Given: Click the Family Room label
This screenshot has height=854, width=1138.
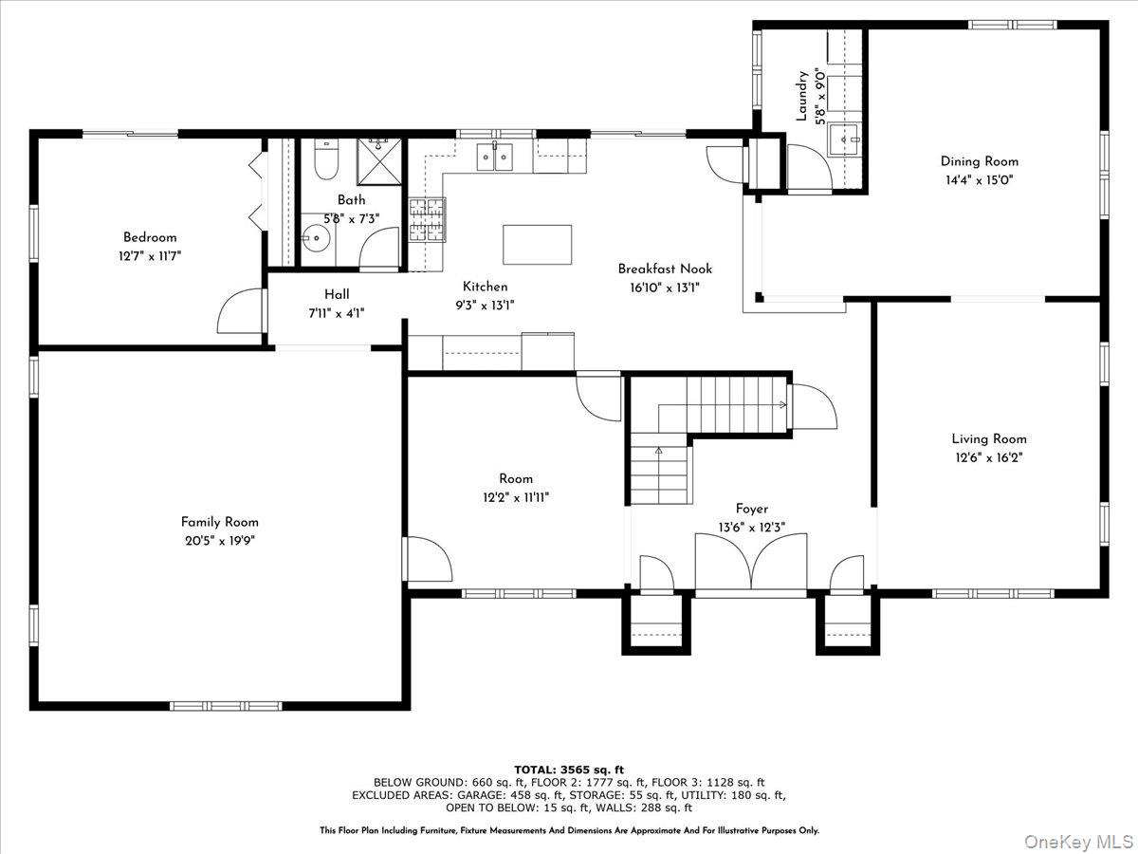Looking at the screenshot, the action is [x=219, y=522].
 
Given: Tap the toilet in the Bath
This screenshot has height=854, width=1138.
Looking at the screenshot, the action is [x=326, y=159].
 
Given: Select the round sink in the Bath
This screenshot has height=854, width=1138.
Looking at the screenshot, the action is [x=316, y=238].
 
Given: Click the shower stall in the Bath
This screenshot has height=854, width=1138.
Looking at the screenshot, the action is [x=379, y=161].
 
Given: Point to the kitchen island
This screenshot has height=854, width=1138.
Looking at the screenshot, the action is [x=537, y=244].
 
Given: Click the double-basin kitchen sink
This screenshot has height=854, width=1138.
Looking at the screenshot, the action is [x=495, y=157].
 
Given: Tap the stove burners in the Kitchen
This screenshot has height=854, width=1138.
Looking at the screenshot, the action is [x=427, y=220].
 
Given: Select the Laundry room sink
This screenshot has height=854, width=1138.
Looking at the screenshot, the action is [x=845, y=139].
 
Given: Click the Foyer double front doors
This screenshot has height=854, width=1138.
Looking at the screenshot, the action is [x=750, y=562].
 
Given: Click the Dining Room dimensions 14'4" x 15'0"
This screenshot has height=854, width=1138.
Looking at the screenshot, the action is [x=978, y=180].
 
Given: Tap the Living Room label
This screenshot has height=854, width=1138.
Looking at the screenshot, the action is [x=989, y=438].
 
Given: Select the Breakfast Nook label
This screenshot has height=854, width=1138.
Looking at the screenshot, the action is [x=665, y=269].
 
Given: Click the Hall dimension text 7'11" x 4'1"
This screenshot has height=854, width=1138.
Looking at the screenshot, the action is [x=337, y=313].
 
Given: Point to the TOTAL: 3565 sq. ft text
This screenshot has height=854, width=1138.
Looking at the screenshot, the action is [x=569, y=770].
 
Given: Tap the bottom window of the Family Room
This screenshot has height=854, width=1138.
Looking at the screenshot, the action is [x=226, y=706].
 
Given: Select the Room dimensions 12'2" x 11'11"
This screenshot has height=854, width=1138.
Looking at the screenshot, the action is [x=515, y=498].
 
